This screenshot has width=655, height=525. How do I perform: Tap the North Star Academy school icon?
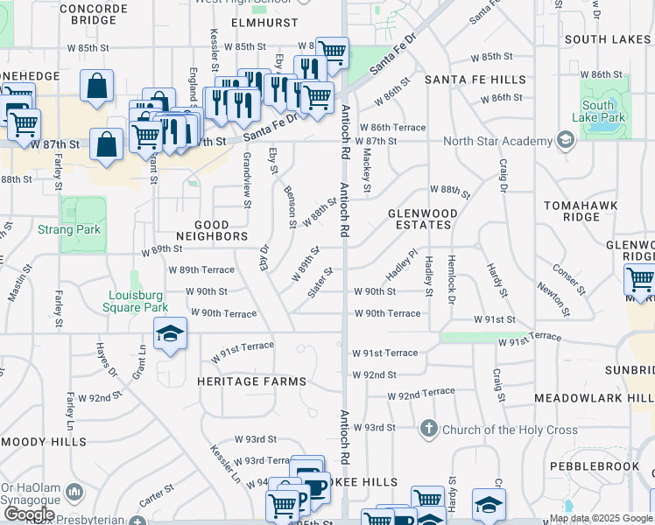(566, 141)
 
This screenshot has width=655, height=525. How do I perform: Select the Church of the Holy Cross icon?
(429, 429)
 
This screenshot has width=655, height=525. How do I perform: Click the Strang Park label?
(69, 230)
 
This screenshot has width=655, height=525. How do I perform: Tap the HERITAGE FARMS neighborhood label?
(251, 381)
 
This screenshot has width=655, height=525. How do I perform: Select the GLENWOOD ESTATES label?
(423, 219)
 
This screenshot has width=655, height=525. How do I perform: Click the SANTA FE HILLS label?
(475, 80)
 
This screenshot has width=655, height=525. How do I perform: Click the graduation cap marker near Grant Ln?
(171, 334)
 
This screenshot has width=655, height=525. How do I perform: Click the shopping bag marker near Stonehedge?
(96, 86)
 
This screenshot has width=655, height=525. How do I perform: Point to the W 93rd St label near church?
(375, 427)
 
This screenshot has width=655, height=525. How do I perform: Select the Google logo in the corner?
(29, 514)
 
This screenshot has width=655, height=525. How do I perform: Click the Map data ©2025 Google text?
(601, 518)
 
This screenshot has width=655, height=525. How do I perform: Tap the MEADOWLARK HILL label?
(595, 398)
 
